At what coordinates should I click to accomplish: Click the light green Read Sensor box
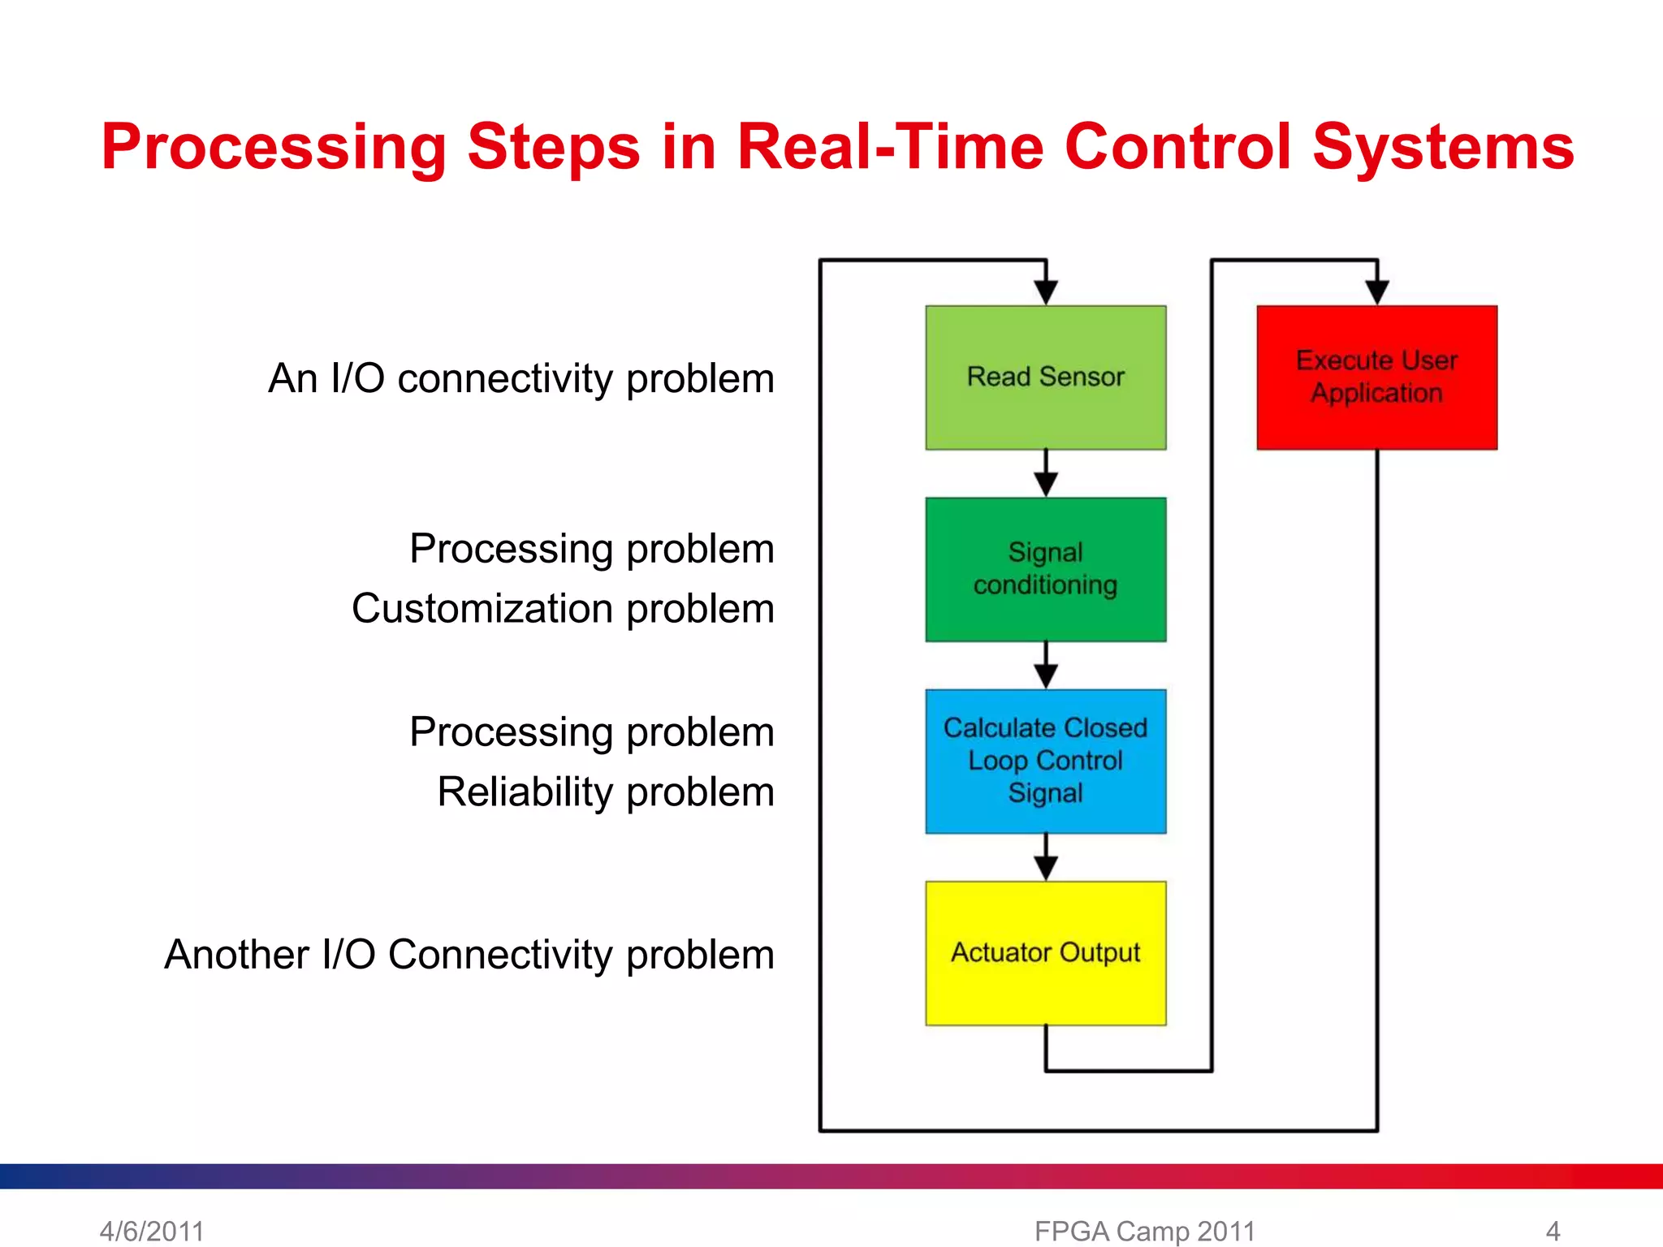click(1045, 378)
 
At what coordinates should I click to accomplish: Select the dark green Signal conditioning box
click(1045, 569)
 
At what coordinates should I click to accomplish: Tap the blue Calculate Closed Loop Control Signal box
click(1045, 761)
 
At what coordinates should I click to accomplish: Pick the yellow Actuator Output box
click(1045, 952)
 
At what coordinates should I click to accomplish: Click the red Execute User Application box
click(1376, 378)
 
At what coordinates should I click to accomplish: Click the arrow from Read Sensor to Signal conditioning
click(1046, 475)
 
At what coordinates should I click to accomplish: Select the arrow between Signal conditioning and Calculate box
click(1046, 667)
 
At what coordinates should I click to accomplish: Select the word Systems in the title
click(1443, 147)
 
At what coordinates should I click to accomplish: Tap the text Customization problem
click(563, 609)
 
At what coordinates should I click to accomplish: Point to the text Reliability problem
click(605, 792)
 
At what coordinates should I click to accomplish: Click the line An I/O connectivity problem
click(520, 378)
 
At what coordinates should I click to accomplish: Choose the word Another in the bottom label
click(236, 954)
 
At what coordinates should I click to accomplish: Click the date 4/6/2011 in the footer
click(152, 1231)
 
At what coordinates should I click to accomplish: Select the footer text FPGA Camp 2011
click(1144, 1231)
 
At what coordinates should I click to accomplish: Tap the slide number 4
click(1553, 1231)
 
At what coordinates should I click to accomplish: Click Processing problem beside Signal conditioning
click(591, 549)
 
